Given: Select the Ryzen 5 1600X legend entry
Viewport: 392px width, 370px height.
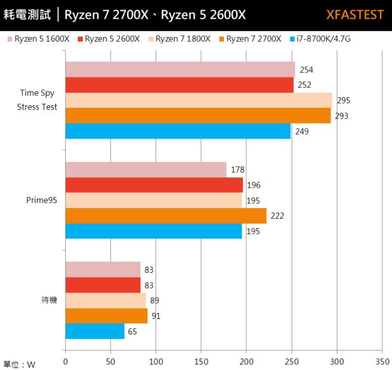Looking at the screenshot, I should click(x=38, y=38).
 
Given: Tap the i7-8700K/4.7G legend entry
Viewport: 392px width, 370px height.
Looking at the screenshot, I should click(x=316, y=38).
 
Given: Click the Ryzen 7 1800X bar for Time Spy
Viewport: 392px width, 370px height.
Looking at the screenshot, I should click(x=199, y=100).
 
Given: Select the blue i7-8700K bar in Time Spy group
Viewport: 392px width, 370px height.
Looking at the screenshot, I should click(x=178, y=131).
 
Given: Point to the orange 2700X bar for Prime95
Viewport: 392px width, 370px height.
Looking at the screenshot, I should click(x=166, y=216).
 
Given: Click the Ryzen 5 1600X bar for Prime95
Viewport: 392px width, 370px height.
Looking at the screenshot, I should click(x=146, y=170).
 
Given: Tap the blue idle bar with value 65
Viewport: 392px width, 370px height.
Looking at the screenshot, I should click(x=95, y=332).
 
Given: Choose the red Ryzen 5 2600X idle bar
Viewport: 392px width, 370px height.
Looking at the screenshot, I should click(x=103, y=285).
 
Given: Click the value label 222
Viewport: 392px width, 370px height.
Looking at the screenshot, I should click(x=277, y=216).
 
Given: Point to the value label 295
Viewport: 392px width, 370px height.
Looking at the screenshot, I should click(x=343, y=100).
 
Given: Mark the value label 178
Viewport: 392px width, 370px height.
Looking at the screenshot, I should click(x=237, y=170).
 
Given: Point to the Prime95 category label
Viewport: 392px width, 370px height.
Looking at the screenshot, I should click(x=42, y=200).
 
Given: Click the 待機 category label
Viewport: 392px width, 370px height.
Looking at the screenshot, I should click(x=49, y=300).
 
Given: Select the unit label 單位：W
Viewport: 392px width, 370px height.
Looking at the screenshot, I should click(x=19, y=364).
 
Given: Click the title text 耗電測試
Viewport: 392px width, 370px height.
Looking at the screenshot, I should click(x=27, y=15).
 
